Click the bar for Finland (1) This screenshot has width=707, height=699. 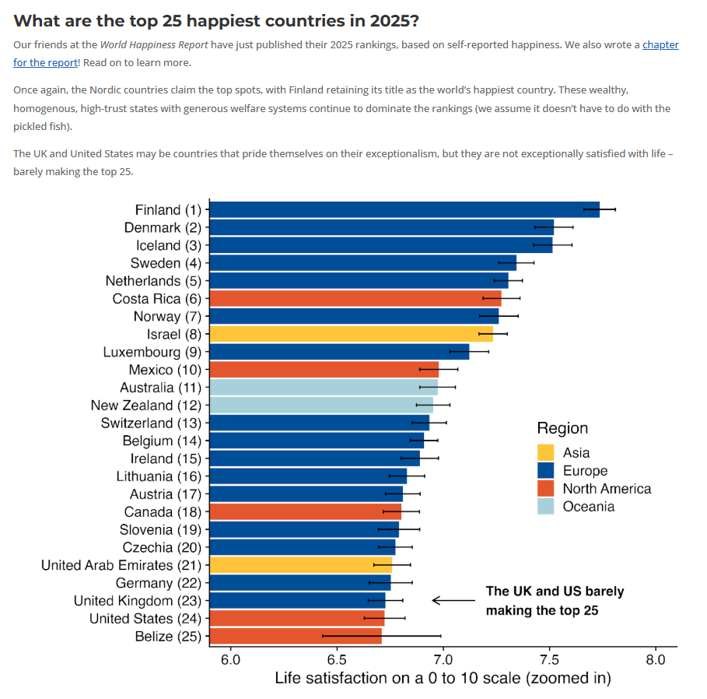(404, 209)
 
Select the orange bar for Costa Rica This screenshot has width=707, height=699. (355, 298)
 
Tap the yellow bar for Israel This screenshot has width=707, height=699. (351, 334)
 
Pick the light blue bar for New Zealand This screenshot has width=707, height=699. (321, 405)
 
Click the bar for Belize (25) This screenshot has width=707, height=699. (296, 636)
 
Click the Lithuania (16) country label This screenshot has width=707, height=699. (159, 476)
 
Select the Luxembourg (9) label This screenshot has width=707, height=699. (152, 352)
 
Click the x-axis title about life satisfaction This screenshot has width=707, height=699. (443, 679)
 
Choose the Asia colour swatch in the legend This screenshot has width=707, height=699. (546, 453)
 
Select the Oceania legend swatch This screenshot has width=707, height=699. (546, 507)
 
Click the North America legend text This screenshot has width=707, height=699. (607, 489)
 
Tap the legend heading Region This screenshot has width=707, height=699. (562, 428)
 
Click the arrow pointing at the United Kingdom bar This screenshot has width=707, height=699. (453, 600)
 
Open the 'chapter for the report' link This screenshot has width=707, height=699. (660, 45)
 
